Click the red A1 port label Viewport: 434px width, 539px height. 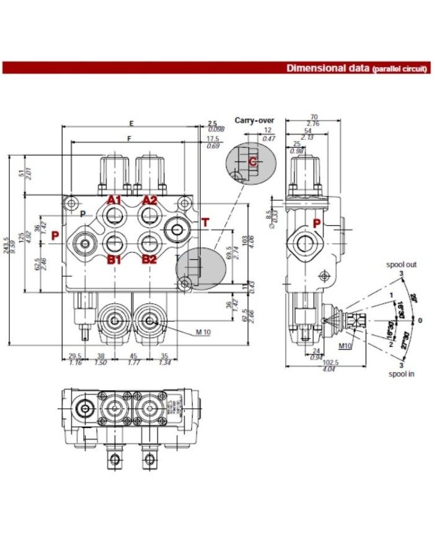coord(113,200)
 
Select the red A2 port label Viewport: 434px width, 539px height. coord(149,200)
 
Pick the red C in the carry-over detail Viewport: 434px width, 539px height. coord(252,161)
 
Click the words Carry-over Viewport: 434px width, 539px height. coord(254,120)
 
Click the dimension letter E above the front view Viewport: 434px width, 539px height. coord(131,122)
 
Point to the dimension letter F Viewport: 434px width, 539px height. coord(128,139)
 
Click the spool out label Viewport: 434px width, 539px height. coord(401,265)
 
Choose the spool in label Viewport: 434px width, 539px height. coord(401,373)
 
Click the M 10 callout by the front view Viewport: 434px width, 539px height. coord(203,332)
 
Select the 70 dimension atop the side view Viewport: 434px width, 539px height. coord(314,117)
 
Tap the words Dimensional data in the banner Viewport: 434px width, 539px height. coord(328,68)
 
